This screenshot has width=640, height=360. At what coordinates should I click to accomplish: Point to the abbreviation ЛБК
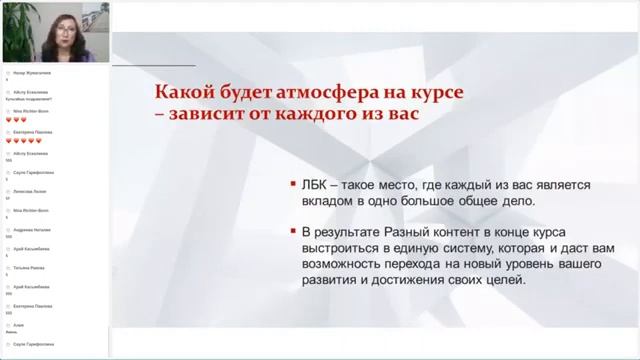click(x=317, y=185)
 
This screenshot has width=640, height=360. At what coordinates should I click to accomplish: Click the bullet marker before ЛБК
click(x=289, y=185)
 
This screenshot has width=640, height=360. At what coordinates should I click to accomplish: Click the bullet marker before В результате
click(x=289, y=231)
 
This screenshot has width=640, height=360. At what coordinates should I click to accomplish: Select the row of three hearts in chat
click(x=15, y=119)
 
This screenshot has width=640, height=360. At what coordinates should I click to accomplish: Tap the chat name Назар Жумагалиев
click(x=27, y=72)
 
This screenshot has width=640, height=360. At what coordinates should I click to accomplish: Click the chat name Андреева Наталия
click(x=26, y=229)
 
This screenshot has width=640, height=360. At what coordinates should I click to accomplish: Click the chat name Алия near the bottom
click(x=17, y=325)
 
